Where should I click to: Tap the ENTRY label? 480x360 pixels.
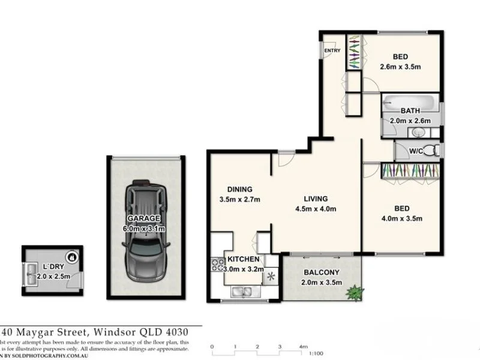[332, 50]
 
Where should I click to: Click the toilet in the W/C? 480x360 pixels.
[433, 150]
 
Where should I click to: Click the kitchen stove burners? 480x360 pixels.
[217, 264]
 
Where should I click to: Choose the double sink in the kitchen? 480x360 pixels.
[244, 293]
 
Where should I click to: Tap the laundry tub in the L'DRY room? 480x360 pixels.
[31, 275]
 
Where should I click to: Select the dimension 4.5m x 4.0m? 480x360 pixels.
[316, 209]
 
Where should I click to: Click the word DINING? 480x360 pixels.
[239, 189]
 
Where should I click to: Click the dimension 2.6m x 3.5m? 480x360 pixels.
[400, 67]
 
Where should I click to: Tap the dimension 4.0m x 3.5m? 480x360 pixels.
[402, 218]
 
